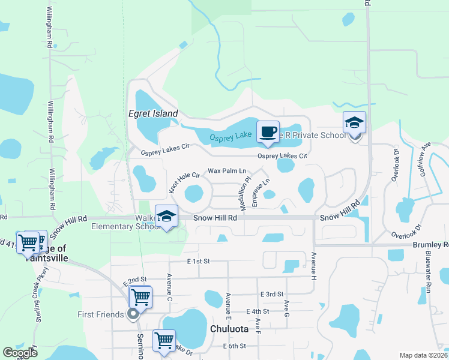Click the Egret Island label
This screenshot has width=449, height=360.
coord(153,113)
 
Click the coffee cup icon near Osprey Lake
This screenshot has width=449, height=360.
coord(268,131)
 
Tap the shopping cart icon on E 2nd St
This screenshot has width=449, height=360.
coord(140,296)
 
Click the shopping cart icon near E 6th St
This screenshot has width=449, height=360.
coord(164,340)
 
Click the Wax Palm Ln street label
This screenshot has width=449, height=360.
coord(228,171)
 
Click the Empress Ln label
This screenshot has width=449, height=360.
coord(261,193)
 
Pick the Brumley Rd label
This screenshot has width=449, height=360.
coord(430,245)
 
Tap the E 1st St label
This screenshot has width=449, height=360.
coord(197,262)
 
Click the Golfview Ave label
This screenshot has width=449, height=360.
coord(426,155)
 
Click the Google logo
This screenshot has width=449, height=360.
coord(20,353)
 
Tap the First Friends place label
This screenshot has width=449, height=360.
coord(100,314)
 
